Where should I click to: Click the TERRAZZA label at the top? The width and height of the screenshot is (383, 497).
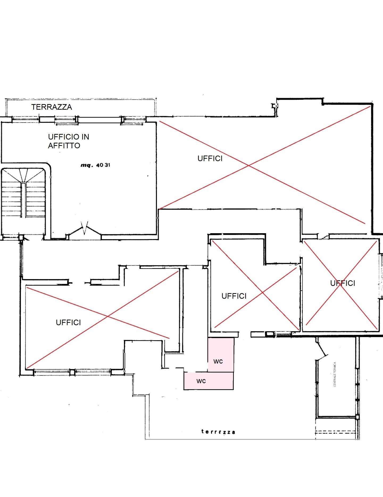52,107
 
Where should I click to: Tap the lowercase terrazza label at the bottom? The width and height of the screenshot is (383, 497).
218,432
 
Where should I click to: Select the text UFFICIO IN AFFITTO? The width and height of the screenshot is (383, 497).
68,141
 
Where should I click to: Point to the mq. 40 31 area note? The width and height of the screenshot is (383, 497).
95,165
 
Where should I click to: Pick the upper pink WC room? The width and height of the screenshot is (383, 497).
221,355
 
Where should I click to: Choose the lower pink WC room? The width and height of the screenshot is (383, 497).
209,381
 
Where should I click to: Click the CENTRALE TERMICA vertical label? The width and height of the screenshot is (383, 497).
335,374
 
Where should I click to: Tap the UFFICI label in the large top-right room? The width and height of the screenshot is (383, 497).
210,158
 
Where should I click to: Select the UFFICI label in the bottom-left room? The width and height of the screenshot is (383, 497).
68,322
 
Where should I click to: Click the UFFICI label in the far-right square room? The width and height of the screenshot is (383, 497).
343,283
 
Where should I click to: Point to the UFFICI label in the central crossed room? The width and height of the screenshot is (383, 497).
234,296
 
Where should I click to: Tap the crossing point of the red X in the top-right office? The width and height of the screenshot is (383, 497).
249,166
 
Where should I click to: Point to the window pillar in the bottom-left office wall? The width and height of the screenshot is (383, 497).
72,372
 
